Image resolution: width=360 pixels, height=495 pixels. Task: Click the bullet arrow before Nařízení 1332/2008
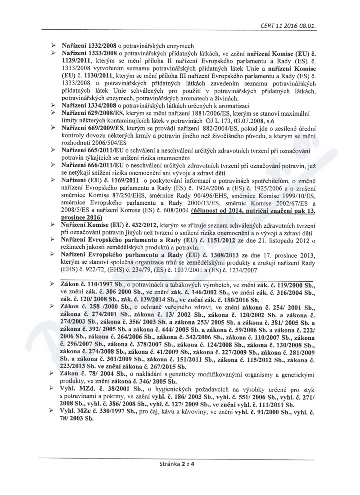(54, 46)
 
